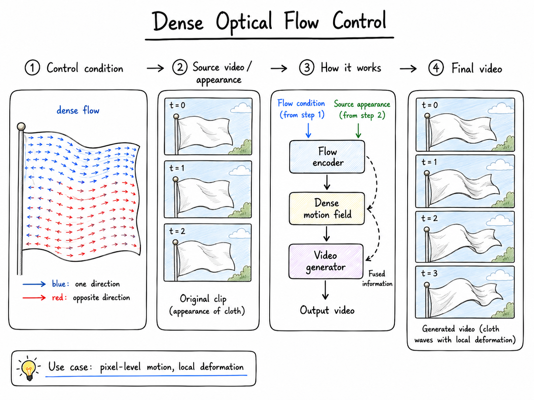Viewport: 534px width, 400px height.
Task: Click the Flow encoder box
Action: coord(327,157)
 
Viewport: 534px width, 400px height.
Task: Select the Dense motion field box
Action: coord(327,208)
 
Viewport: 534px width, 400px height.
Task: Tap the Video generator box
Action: coord(326,261)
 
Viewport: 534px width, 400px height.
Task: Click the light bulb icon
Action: coord(29,368)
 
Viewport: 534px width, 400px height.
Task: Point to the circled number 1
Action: coord(32,68)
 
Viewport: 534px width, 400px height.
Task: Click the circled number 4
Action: coord(436,68)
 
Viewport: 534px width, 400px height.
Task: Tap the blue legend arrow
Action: coord(34,284)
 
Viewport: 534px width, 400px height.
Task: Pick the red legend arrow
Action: coord(34,298)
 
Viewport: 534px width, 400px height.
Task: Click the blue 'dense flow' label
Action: coord(78,110)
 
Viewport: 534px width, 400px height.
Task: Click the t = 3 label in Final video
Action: coord(429,273)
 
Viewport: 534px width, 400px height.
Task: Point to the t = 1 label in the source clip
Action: coord(177,168)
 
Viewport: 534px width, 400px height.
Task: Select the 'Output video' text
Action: coord(327,310)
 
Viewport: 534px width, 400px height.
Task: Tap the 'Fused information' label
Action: coord(377,279)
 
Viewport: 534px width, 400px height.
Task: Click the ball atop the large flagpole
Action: coord(21,126)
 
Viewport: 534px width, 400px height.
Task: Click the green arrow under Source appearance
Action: coord(358,131)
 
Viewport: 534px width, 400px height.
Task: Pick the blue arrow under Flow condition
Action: coord(308,131)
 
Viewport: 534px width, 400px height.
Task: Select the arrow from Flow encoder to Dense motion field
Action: coord(327,182)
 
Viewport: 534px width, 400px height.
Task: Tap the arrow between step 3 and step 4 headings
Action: coord(408,69)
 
